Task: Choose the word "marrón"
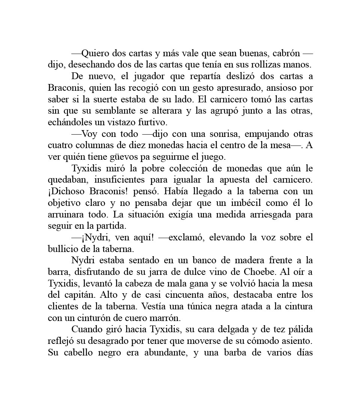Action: pyautogui.click(x=168, y=318)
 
